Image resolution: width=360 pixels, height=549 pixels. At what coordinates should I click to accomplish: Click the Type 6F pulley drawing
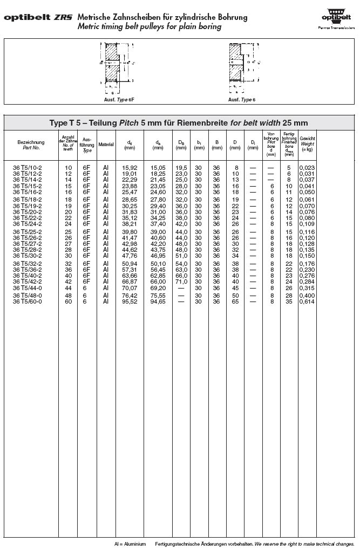(116, 65)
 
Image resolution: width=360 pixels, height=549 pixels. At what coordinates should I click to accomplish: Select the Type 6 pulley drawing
(241, 65)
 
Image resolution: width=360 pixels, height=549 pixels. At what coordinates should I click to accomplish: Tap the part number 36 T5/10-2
(28, 168)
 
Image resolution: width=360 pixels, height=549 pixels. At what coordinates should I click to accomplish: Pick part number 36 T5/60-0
(28, 301)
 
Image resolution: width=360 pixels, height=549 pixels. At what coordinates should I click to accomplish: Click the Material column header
(106, 145)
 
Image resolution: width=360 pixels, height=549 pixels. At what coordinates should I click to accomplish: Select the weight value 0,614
(308, 301)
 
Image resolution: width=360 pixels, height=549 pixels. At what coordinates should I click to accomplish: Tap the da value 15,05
(158, 168)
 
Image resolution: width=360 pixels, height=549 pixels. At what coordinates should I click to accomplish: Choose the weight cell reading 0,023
(308, 168)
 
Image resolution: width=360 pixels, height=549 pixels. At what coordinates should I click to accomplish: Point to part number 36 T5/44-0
(28, 288)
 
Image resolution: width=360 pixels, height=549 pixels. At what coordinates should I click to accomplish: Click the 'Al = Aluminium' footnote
(130, 544)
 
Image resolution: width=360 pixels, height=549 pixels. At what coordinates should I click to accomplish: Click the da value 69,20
(158, 288)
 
